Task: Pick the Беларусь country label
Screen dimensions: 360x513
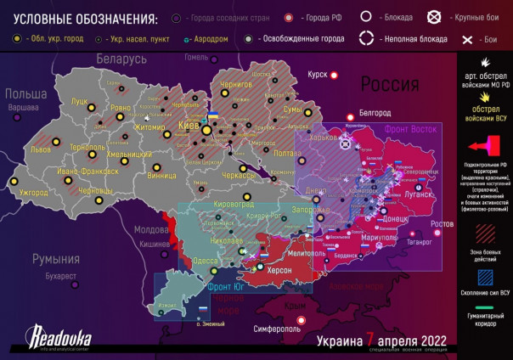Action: [x=121, y=59]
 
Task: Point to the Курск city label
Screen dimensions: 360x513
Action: [x=317, y=75]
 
